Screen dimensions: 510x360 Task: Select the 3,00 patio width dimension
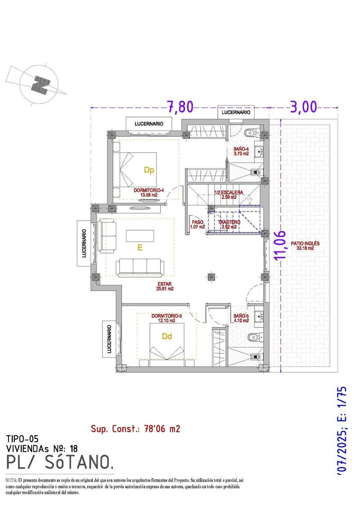coord(303,107)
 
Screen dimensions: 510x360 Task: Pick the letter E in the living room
coord(139,248)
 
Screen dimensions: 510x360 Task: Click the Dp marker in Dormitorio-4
coord(149,170)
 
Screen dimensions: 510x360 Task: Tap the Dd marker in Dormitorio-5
coord(167,336)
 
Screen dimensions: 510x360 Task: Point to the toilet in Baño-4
coord(250,133)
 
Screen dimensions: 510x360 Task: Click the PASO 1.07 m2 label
coord(198,225)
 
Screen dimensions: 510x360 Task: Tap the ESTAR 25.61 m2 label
coord(165,286)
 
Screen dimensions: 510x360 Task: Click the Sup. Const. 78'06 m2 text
coord(135,429)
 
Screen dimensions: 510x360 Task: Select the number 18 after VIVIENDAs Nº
coord(74,448)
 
